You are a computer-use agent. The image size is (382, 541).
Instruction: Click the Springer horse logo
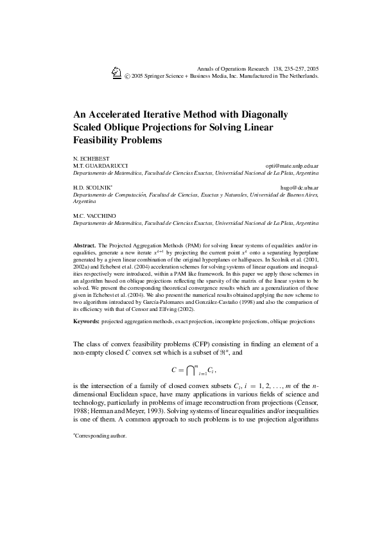[116, 73]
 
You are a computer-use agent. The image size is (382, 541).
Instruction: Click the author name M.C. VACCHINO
[92, 215]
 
